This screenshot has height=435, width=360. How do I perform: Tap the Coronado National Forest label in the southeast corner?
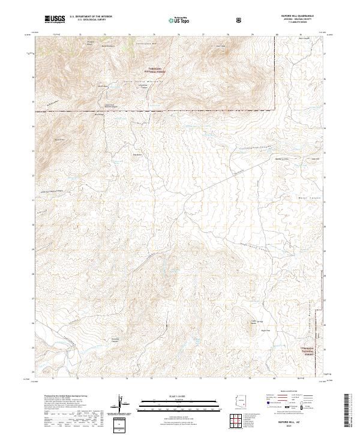coord(307,352)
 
